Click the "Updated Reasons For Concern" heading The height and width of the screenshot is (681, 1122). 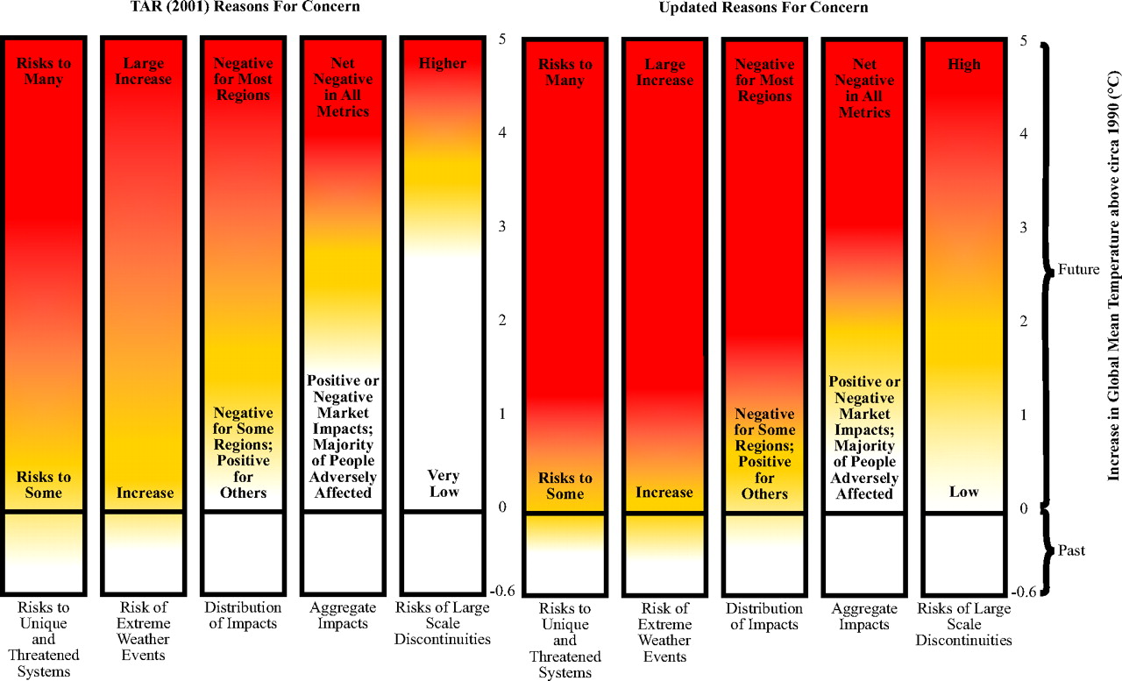[763, 8]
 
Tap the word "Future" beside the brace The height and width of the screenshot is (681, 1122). [1078, 270]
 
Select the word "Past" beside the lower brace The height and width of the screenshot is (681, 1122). [1071, 551]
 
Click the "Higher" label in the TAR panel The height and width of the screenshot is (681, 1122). [444, 63]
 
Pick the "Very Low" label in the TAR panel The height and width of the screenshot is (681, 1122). [444, 484]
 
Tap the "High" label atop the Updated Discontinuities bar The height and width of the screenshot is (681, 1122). [964, 64]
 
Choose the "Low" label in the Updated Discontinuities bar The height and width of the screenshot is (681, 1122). [964, 492]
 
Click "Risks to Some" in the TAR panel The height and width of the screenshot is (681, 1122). [44, 485]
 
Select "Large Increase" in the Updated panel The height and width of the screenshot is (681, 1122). [664, 73]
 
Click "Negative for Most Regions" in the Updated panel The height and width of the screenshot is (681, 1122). [764, 81]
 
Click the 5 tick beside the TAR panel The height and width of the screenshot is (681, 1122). [501, 39]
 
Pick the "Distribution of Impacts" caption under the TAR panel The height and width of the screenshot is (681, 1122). [243, 615]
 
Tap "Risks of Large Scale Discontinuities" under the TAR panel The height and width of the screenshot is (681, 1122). [444, 623]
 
